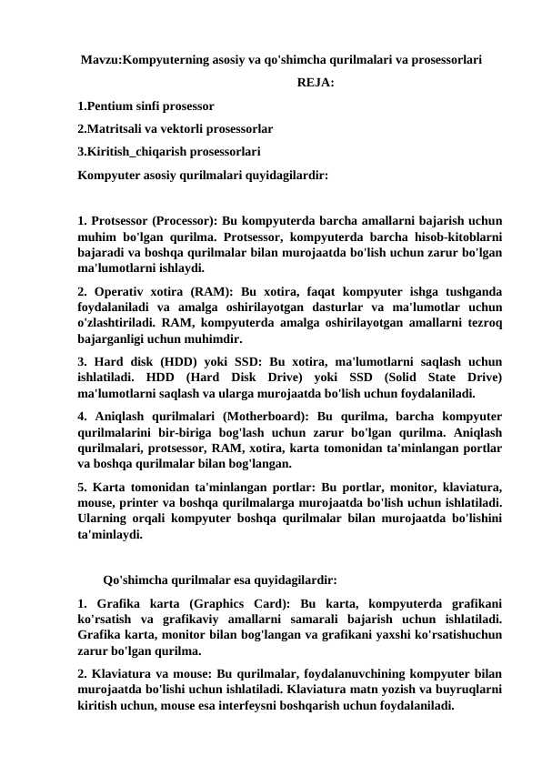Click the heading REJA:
tap(315, 85)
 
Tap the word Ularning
tap(106, 520)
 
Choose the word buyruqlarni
tap(467, 690)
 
